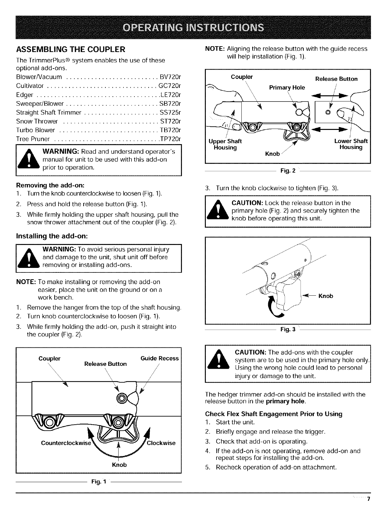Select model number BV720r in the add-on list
(170, 77)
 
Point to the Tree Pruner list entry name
(33, 139)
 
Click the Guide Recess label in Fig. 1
(160, 358)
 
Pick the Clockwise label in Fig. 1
(161, 443)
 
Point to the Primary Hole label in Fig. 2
(287, 88)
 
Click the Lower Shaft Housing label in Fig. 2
(351, 144)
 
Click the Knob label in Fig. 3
(326, 296)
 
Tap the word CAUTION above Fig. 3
(248, 203)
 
